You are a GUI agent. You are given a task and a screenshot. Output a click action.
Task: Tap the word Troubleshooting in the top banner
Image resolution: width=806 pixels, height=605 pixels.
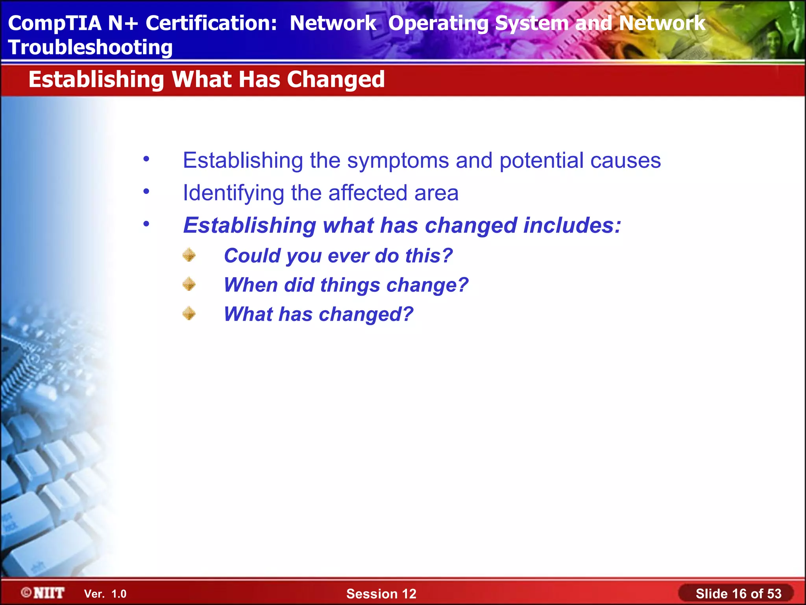pyautogui.click(x=90, y=48)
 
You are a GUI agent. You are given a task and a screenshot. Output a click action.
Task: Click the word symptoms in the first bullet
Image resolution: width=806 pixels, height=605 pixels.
pyautogui.click(x=398, y=161)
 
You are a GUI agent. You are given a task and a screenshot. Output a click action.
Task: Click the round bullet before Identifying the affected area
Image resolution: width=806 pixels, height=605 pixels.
pyautogui.click(x=146, y=192)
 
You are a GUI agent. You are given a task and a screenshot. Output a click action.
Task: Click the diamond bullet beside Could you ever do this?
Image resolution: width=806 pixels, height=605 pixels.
pyautogui.click(x=189, y=255)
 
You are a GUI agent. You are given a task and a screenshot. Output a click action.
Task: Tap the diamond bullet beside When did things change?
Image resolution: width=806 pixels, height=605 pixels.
pyautogui.click(x=189, y=284)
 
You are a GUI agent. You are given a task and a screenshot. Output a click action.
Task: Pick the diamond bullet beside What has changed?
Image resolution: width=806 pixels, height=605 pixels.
pyautogui.click(x=189, y=314)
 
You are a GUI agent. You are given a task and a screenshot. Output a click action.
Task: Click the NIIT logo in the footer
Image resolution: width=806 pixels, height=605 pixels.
pyautogui.click(x=43, y=593)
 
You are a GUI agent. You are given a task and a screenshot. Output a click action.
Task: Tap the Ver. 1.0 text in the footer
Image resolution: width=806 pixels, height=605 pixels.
pyautogui.click(x=105, y=594)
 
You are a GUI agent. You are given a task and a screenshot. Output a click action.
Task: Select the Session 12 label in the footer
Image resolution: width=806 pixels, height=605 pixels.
pyautogui.click(x=381, y=594)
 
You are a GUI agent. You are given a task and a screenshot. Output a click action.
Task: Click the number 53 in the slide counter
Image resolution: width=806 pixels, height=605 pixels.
pyautogui.click(x=774, y=594)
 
